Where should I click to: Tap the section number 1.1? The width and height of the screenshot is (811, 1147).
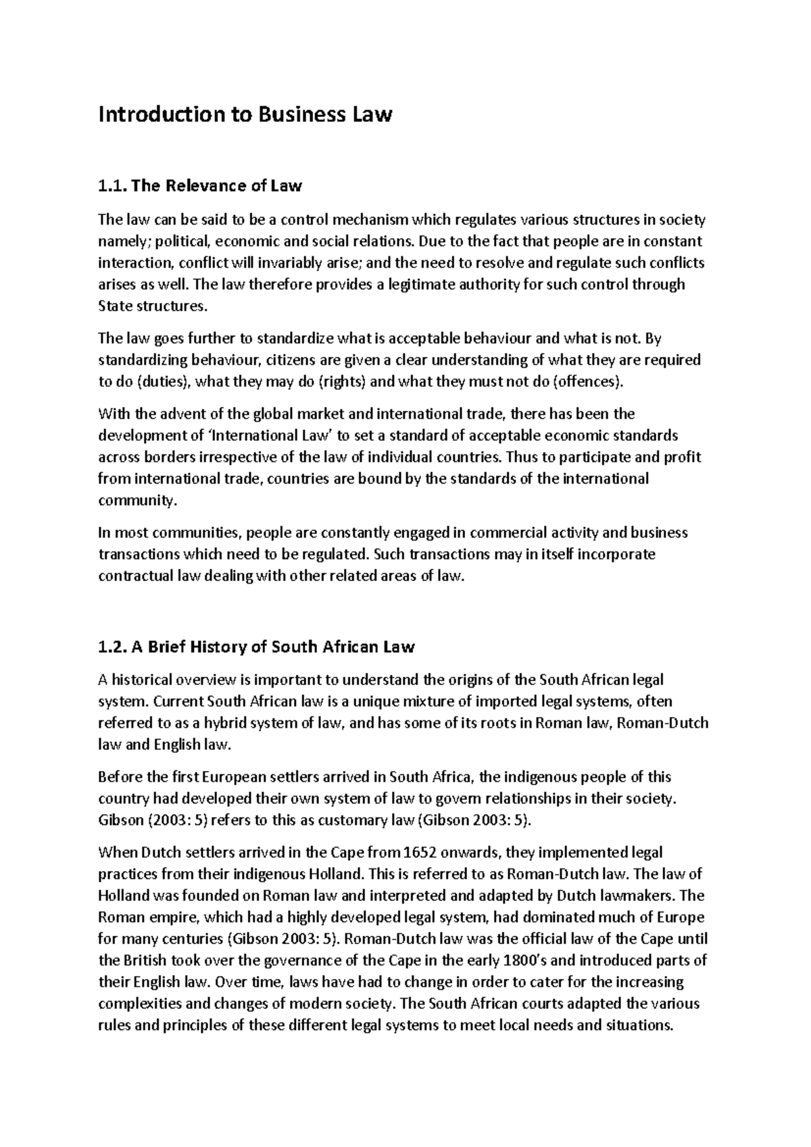pos(111,185)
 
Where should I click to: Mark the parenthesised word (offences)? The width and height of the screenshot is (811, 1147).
pos(587,381)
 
